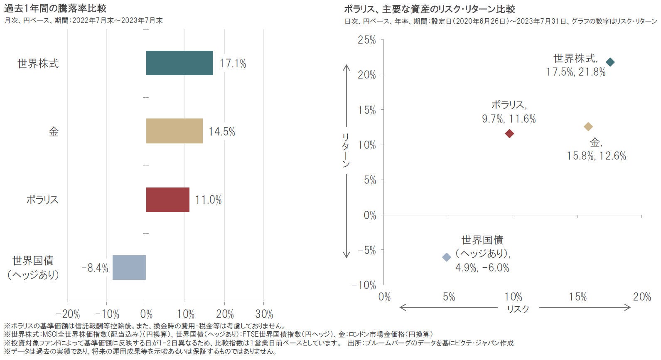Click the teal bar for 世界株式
pyautogui.click(x=179, y=63)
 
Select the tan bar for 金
pyautogui.click(x=174, y=131)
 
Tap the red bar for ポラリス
pyautogui.click(x=167, y=200)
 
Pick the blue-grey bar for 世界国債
pyautogui.click(x=129, y=267)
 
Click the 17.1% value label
pyautogui.click(x=233, y=64)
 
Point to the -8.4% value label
pyautogui.click(x=95, y=268)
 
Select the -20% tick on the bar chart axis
pyautogui.click(x=68, y=314)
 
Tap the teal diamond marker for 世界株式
pyautogui.click(x=610, y=62)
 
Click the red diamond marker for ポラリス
pyautogui.click(x=509, y=133)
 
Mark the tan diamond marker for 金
pyautogui.click(x=588, y=126)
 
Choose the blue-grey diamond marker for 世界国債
pyautogui.click(x=446, y=257)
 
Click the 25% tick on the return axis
pyautogui.click(x=366, y=40)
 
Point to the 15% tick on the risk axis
pyautogui.click(x=577, y=297)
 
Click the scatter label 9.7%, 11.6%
pyautogui.click(x=509, y=119)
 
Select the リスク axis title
pyautogui.click(x=518, y=309)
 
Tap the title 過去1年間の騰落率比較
pyautogui.click(x=55, y=8)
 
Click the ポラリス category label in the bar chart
pyautogui.click(x=42, y=200)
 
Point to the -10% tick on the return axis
pyautogui.click(x=364, y=285)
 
